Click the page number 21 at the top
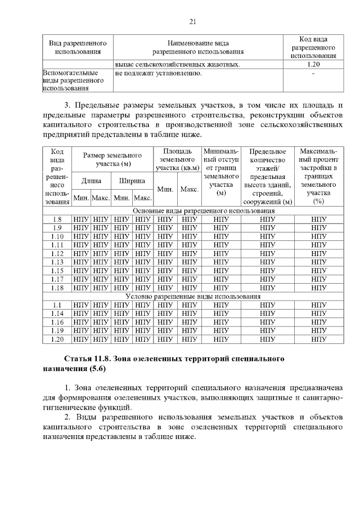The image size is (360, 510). pyautogui.click(x=192, y=22)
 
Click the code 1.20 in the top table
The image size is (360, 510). pyautogui.click(x=313, y=65)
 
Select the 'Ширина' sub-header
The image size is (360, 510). pyautogui.click(x=132, y=181)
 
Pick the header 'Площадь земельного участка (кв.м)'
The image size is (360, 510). pyautogui.click(x=178, y=160)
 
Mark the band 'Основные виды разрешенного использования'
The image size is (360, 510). pyautogui.click(x=193, y=211)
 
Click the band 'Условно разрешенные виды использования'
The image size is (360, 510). pyautogui.click(x=193, y=296)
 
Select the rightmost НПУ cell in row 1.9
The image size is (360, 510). pyautogui.click(x=319, y=228)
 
